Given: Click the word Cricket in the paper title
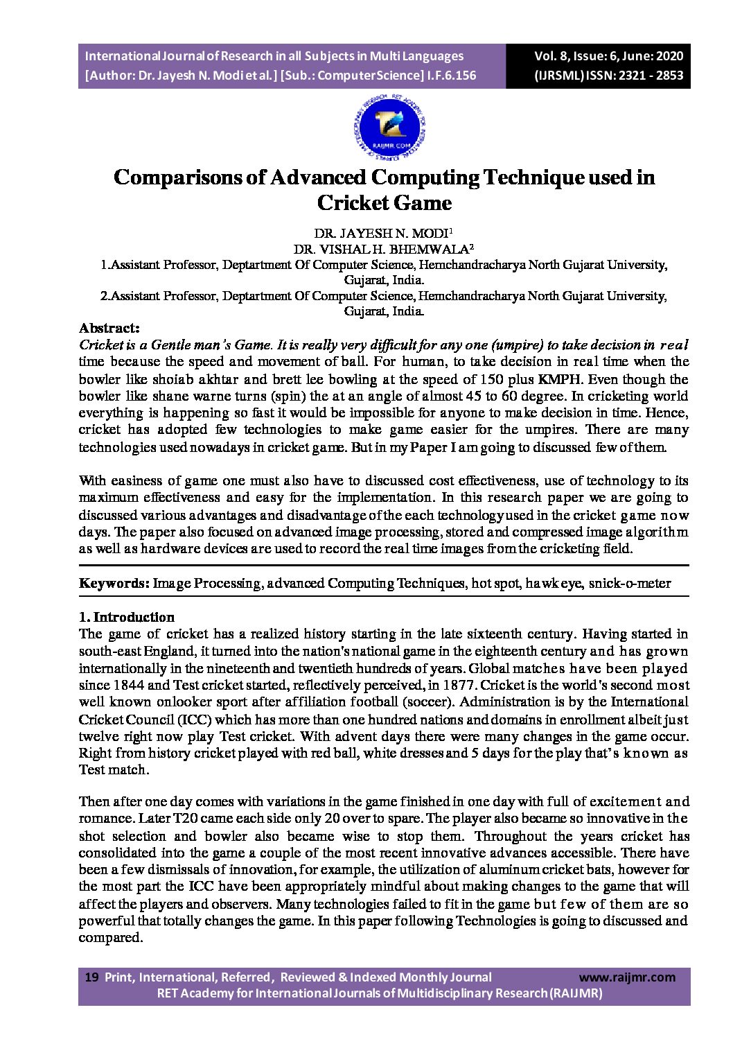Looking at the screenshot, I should point(353,203).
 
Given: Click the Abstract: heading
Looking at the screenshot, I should point(109,328).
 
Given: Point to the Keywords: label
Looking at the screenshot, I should point(114,583).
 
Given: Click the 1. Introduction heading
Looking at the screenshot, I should point(126,617).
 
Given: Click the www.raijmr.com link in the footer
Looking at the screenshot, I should point(626,977).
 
